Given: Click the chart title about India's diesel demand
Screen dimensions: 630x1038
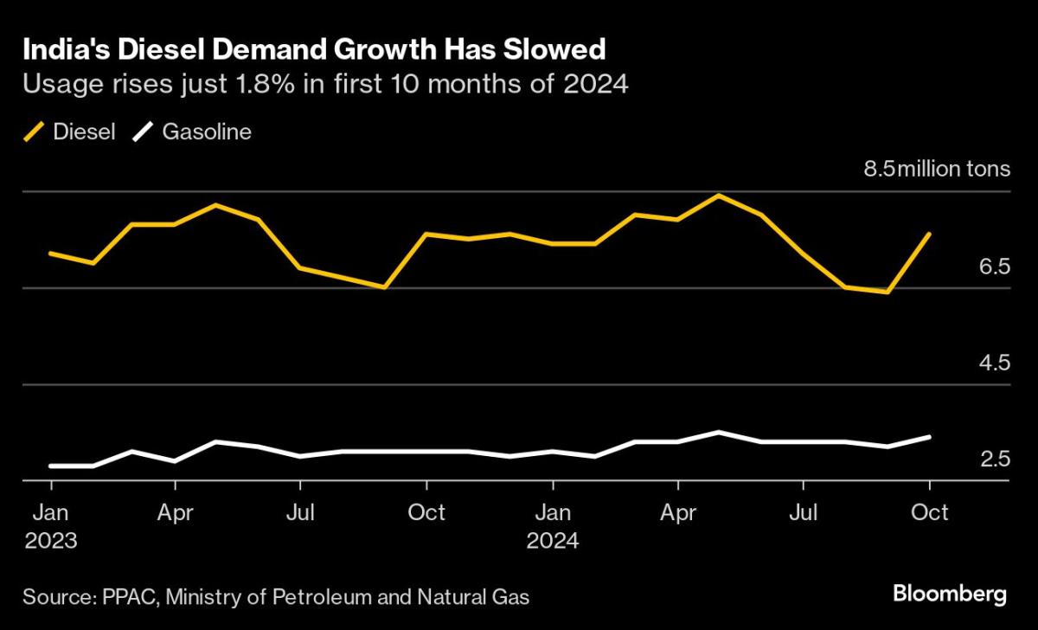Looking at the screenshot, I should pos(313,50).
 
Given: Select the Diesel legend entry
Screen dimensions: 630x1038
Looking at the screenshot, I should pos(69,132).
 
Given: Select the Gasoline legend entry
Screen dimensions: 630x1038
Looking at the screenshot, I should pos(191,132).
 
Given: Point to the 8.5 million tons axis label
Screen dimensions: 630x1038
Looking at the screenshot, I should pos(937,168).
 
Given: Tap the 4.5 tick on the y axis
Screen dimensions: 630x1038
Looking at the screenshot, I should pos(994,363).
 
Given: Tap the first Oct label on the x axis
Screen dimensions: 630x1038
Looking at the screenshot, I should pos(426,512).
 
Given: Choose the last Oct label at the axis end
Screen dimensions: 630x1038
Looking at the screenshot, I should pos(930,512).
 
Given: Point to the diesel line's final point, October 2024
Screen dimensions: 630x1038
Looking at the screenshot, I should pos(929,234).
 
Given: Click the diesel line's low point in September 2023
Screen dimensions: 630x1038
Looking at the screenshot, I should pos(384,287).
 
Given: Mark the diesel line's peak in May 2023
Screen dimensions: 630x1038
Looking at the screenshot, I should pos(215,205).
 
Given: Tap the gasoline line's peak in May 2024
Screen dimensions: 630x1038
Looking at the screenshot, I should pos(718,431).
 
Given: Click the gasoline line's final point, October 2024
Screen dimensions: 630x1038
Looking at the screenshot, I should pos(929,437).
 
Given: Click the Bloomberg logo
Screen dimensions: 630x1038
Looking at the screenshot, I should pos(949,595).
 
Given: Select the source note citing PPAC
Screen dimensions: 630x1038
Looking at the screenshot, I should pos(276,596).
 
